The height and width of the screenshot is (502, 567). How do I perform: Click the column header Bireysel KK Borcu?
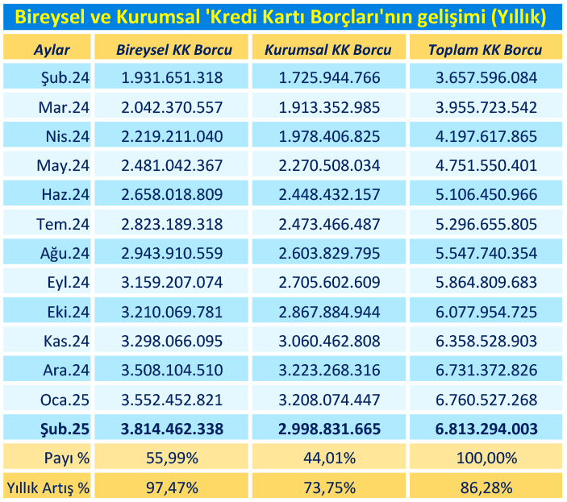click(x=173, y=50)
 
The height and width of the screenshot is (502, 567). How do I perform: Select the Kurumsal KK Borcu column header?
click(x=330, y=50)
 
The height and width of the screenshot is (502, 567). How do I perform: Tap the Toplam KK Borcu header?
click(x=485, y=50)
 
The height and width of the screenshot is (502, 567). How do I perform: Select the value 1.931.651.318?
click(x=173, y=78)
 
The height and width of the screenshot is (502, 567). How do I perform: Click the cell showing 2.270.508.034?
click(x=330, y=165)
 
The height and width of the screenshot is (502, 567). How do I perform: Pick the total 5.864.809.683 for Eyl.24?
click(x=485, y=282)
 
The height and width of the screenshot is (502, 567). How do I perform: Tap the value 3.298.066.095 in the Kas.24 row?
click(x=173, y=340)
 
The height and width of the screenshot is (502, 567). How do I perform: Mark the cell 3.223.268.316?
click(x=330, y=369)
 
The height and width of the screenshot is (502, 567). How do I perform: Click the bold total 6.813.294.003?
click(x=485, y=427)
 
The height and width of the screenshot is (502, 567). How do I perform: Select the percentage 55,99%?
click(x=173, y=458)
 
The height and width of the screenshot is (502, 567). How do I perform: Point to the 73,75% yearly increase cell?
click(x=330, y=487)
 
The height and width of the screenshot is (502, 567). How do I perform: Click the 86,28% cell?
click(x=485, y=487)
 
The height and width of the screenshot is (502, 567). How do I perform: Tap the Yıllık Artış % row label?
click(x=48, y=487)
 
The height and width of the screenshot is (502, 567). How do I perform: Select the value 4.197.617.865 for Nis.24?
click(x=485, y=136)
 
